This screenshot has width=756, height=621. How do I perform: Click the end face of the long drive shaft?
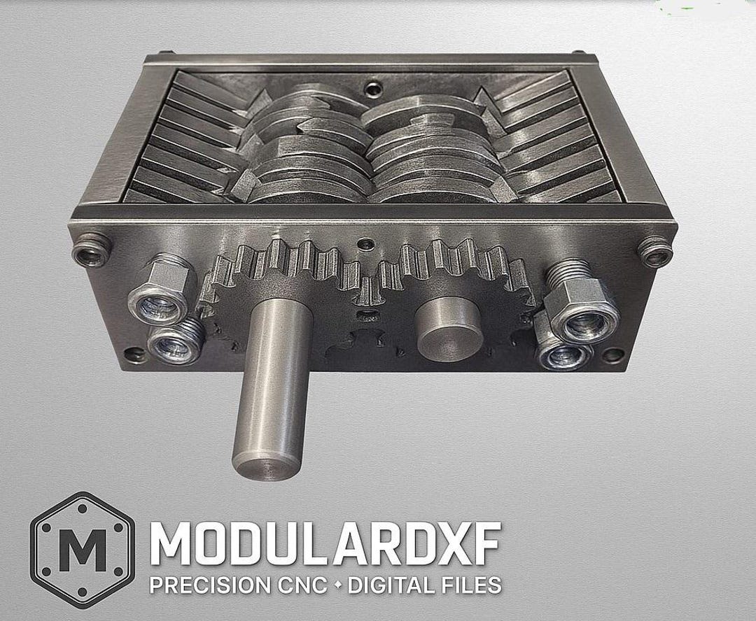point(268,469)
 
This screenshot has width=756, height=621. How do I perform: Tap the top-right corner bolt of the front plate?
point(654,249)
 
